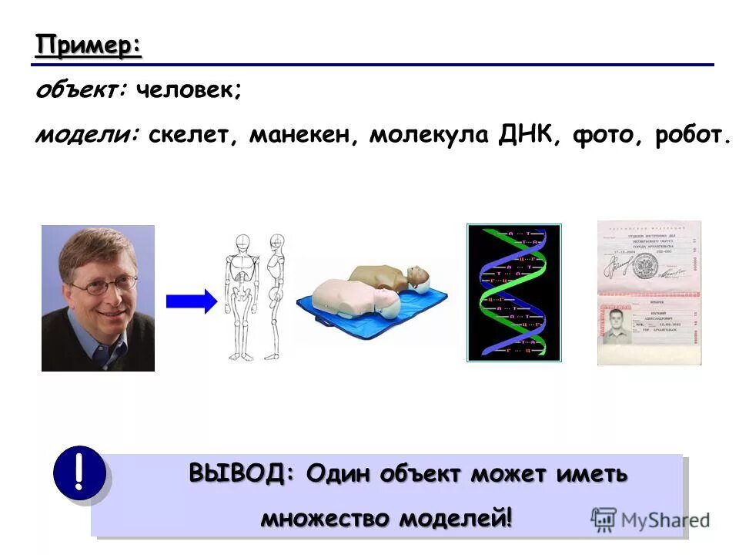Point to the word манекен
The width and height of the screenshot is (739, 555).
(x=303, y=136)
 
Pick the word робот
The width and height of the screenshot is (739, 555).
(x=690, y=136)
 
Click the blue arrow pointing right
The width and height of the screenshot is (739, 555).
(x=191, y=301)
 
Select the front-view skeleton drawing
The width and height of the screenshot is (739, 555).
(x=240, y=297)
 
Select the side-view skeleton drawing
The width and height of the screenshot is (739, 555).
(x=275, y=297)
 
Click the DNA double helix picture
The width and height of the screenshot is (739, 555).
(x=514, y=293)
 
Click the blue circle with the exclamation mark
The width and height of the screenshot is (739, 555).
(x=79, y=472)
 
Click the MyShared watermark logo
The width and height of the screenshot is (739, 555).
(x=650, y=519)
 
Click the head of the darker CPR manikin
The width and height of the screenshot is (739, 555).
(x=418, y=276)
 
